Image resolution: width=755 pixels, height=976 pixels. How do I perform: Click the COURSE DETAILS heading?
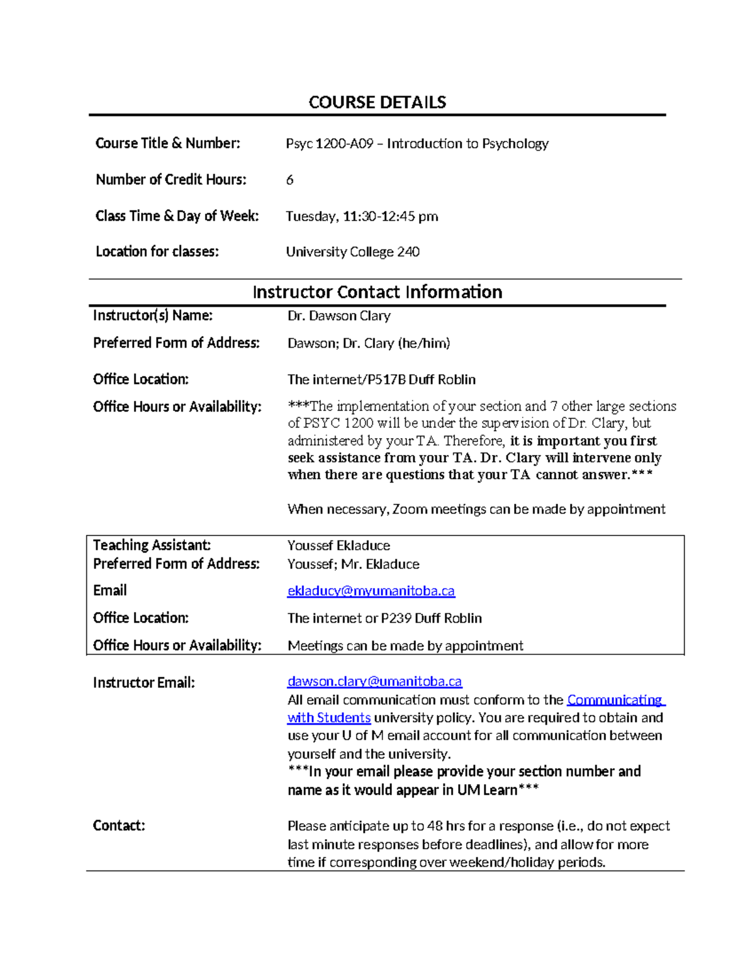click(x=377, y=102)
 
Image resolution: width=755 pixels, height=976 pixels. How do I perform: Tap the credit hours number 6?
click(x=289, y=180)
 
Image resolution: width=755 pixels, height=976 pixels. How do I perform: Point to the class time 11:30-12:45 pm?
click(x=390, y=217)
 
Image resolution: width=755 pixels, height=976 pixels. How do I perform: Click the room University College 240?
click(x=352, y=252)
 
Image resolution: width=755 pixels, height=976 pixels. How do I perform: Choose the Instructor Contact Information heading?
click(x=377, y=292)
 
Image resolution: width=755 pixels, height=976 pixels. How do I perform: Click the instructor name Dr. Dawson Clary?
click(x=338, y=316)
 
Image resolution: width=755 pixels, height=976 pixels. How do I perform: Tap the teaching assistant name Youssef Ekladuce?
click(x=338, y=546)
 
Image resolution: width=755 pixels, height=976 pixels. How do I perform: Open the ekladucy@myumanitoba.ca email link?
click(x=371, y=591)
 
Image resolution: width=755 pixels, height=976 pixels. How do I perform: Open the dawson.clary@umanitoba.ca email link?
click(x=374, y=682)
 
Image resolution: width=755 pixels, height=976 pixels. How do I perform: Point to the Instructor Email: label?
click(x=144, y=683)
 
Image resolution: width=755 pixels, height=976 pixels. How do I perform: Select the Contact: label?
click(x=119, y=826)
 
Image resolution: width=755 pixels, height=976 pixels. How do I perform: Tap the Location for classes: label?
click(x=157, y=252)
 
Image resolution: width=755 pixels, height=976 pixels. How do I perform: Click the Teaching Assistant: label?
click(x=152, y=546)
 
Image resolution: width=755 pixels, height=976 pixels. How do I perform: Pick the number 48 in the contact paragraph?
click(x=435, y=826)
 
